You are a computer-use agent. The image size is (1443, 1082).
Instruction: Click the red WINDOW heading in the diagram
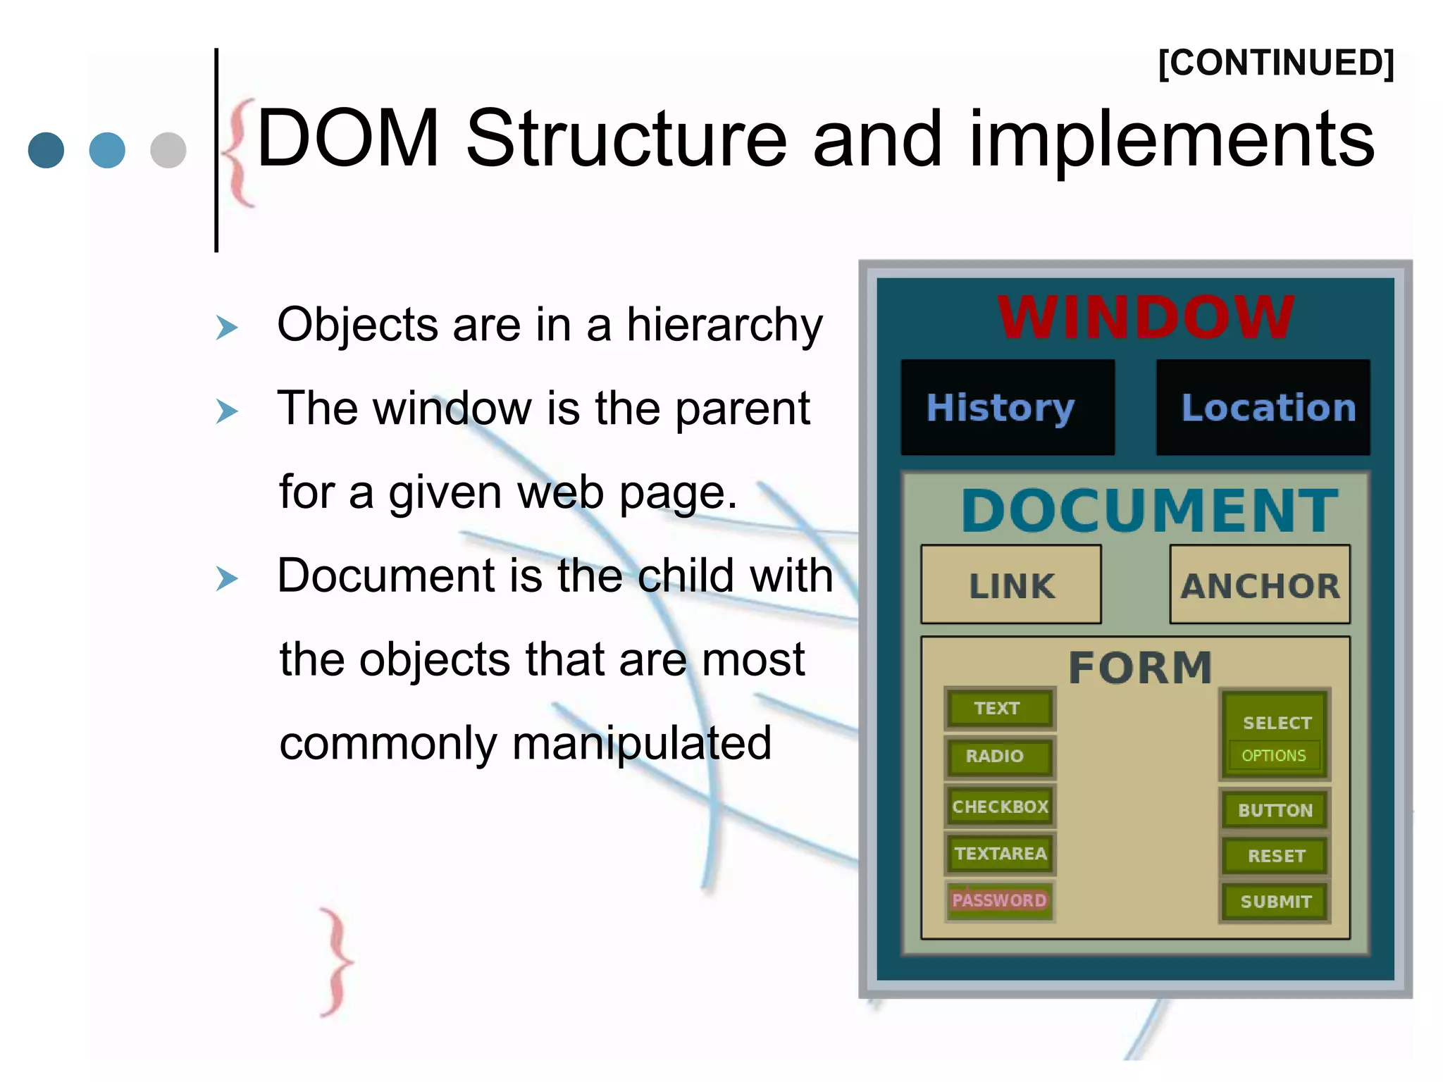point(1146,317)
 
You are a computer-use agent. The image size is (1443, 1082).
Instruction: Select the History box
point(1008,407)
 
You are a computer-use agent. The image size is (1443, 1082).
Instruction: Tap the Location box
point(1263,407)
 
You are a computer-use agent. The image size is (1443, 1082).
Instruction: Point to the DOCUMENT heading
point(1149,511)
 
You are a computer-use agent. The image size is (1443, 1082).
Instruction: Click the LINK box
point(1011,585)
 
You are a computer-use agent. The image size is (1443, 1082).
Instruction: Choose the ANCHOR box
point(1260,585)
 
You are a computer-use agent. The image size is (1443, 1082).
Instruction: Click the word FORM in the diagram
point(1140,667)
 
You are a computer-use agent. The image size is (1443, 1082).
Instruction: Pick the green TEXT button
point(999,708)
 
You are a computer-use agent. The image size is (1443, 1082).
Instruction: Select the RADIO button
point(999,756)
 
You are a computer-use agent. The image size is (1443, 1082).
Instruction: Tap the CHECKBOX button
point(1000,806)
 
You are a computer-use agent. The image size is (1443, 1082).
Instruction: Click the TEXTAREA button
point(1000,853)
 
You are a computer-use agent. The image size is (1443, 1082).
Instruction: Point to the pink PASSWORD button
point(999,900)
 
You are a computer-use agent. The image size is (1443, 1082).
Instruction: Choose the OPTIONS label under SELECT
point(1274,756)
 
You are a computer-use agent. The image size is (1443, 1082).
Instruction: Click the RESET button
point(1275,856)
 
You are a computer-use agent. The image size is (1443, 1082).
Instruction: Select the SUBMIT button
point(1275,902)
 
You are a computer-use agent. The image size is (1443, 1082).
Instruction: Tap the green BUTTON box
point(1275,810)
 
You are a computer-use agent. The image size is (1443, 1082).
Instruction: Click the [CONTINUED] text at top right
point(1276,63)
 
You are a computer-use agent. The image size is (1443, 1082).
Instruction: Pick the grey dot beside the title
point(168,149)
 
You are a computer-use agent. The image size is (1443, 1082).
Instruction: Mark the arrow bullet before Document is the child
point(227,578)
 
